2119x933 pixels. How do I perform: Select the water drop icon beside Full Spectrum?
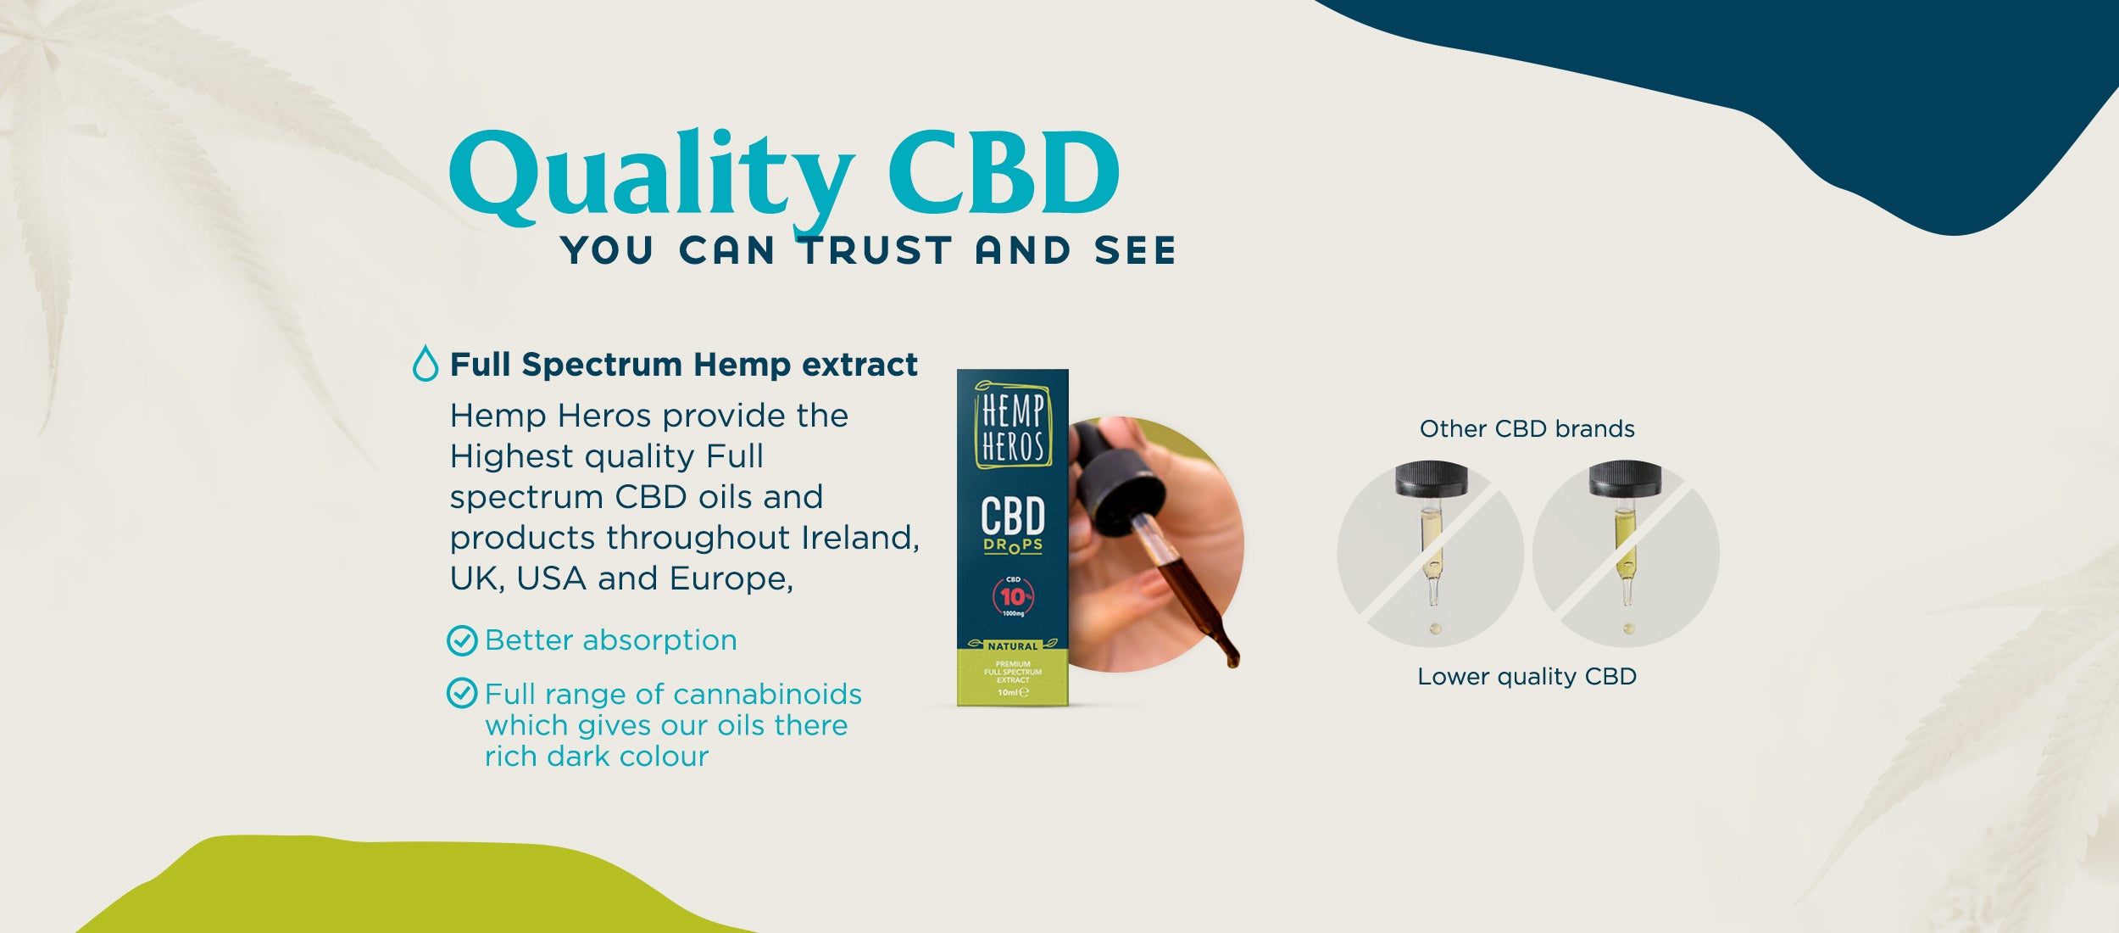pos(425,364)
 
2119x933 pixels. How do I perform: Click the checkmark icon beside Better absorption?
pos(462,640)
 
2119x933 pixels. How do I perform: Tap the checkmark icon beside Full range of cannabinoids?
pos(462,693)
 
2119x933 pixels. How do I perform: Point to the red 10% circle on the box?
pos(1013,596)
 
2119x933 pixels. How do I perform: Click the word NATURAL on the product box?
pos(1013,646)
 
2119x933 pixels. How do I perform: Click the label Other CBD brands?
pos(1527,429)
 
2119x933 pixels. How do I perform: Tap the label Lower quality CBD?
pos(1527,677)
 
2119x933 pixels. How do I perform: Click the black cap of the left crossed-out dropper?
pos(1432,479)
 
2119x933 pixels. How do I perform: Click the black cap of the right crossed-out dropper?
pos(1625,479)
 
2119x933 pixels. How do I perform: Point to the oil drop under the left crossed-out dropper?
pos(1435,629)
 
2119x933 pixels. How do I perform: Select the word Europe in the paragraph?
pos(731,579)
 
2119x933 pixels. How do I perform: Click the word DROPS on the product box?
pos(1013,545)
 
